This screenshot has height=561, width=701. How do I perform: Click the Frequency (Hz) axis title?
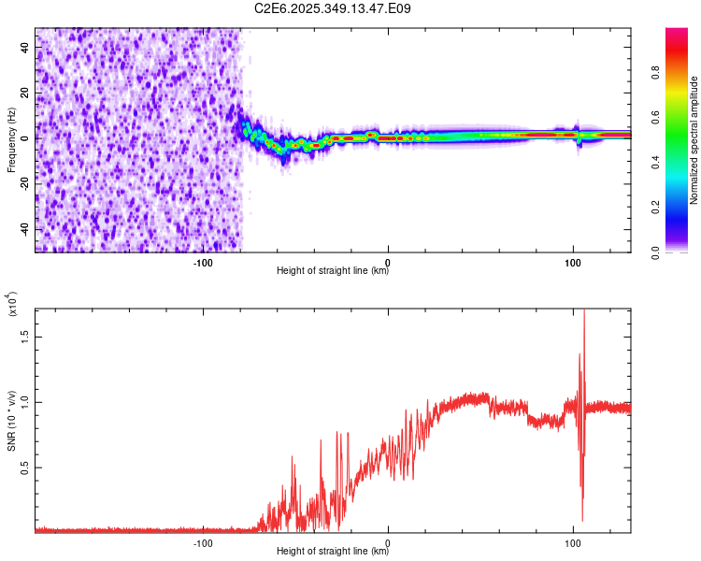(12, 140)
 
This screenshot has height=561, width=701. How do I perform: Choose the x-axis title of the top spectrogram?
(333, 271)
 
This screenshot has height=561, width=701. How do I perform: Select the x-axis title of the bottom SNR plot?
(333, 552)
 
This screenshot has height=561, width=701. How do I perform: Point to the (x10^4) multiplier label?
(12, 304)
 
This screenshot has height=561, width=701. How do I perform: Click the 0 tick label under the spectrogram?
(388, 262)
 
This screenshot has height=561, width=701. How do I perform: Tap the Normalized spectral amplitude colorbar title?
(694, 140)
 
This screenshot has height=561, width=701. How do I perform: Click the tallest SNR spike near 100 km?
(584, 313)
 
